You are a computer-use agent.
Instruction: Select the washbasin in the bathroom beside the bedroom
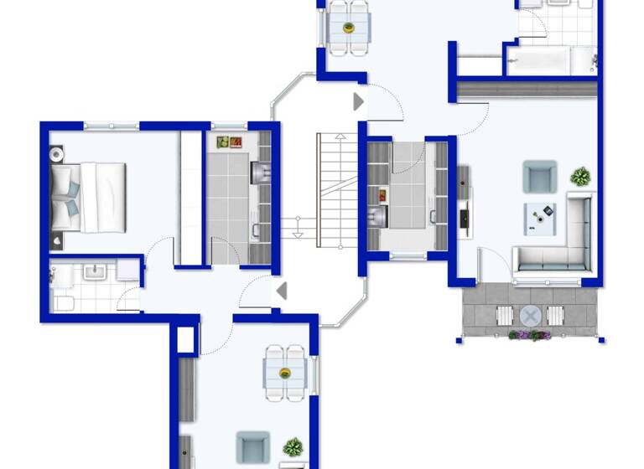pyautogui.click(x=94, y=272)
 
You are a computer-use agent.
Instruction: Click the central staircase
pyautogui.click(x=330, y=190)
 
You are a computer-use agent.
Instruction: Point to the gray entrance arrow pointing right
pyautogui.click(x=358, y=102)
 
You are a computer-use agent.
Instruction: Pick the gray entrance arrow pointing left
pyautogui.click(x=282, y=291)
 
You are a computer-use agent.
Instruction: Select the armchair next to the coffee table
pyautogui.click(x=538, y=177)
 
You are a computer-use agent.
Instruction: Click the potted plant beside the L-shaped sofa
pyautogui.click(x=580, y=177)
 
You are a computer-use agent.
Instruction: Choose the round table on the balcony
pyautogui.click(x=530, y=315)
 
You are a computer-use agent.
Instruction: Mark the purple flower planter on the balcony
pyautogui.click(x=529, y=336)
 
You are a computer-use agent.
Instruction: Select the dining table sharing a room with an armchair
pyautogui.click(x=284, y=372)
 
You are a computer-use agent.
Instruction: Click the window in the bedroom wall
pyautogui.click(x=112, y=126)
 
